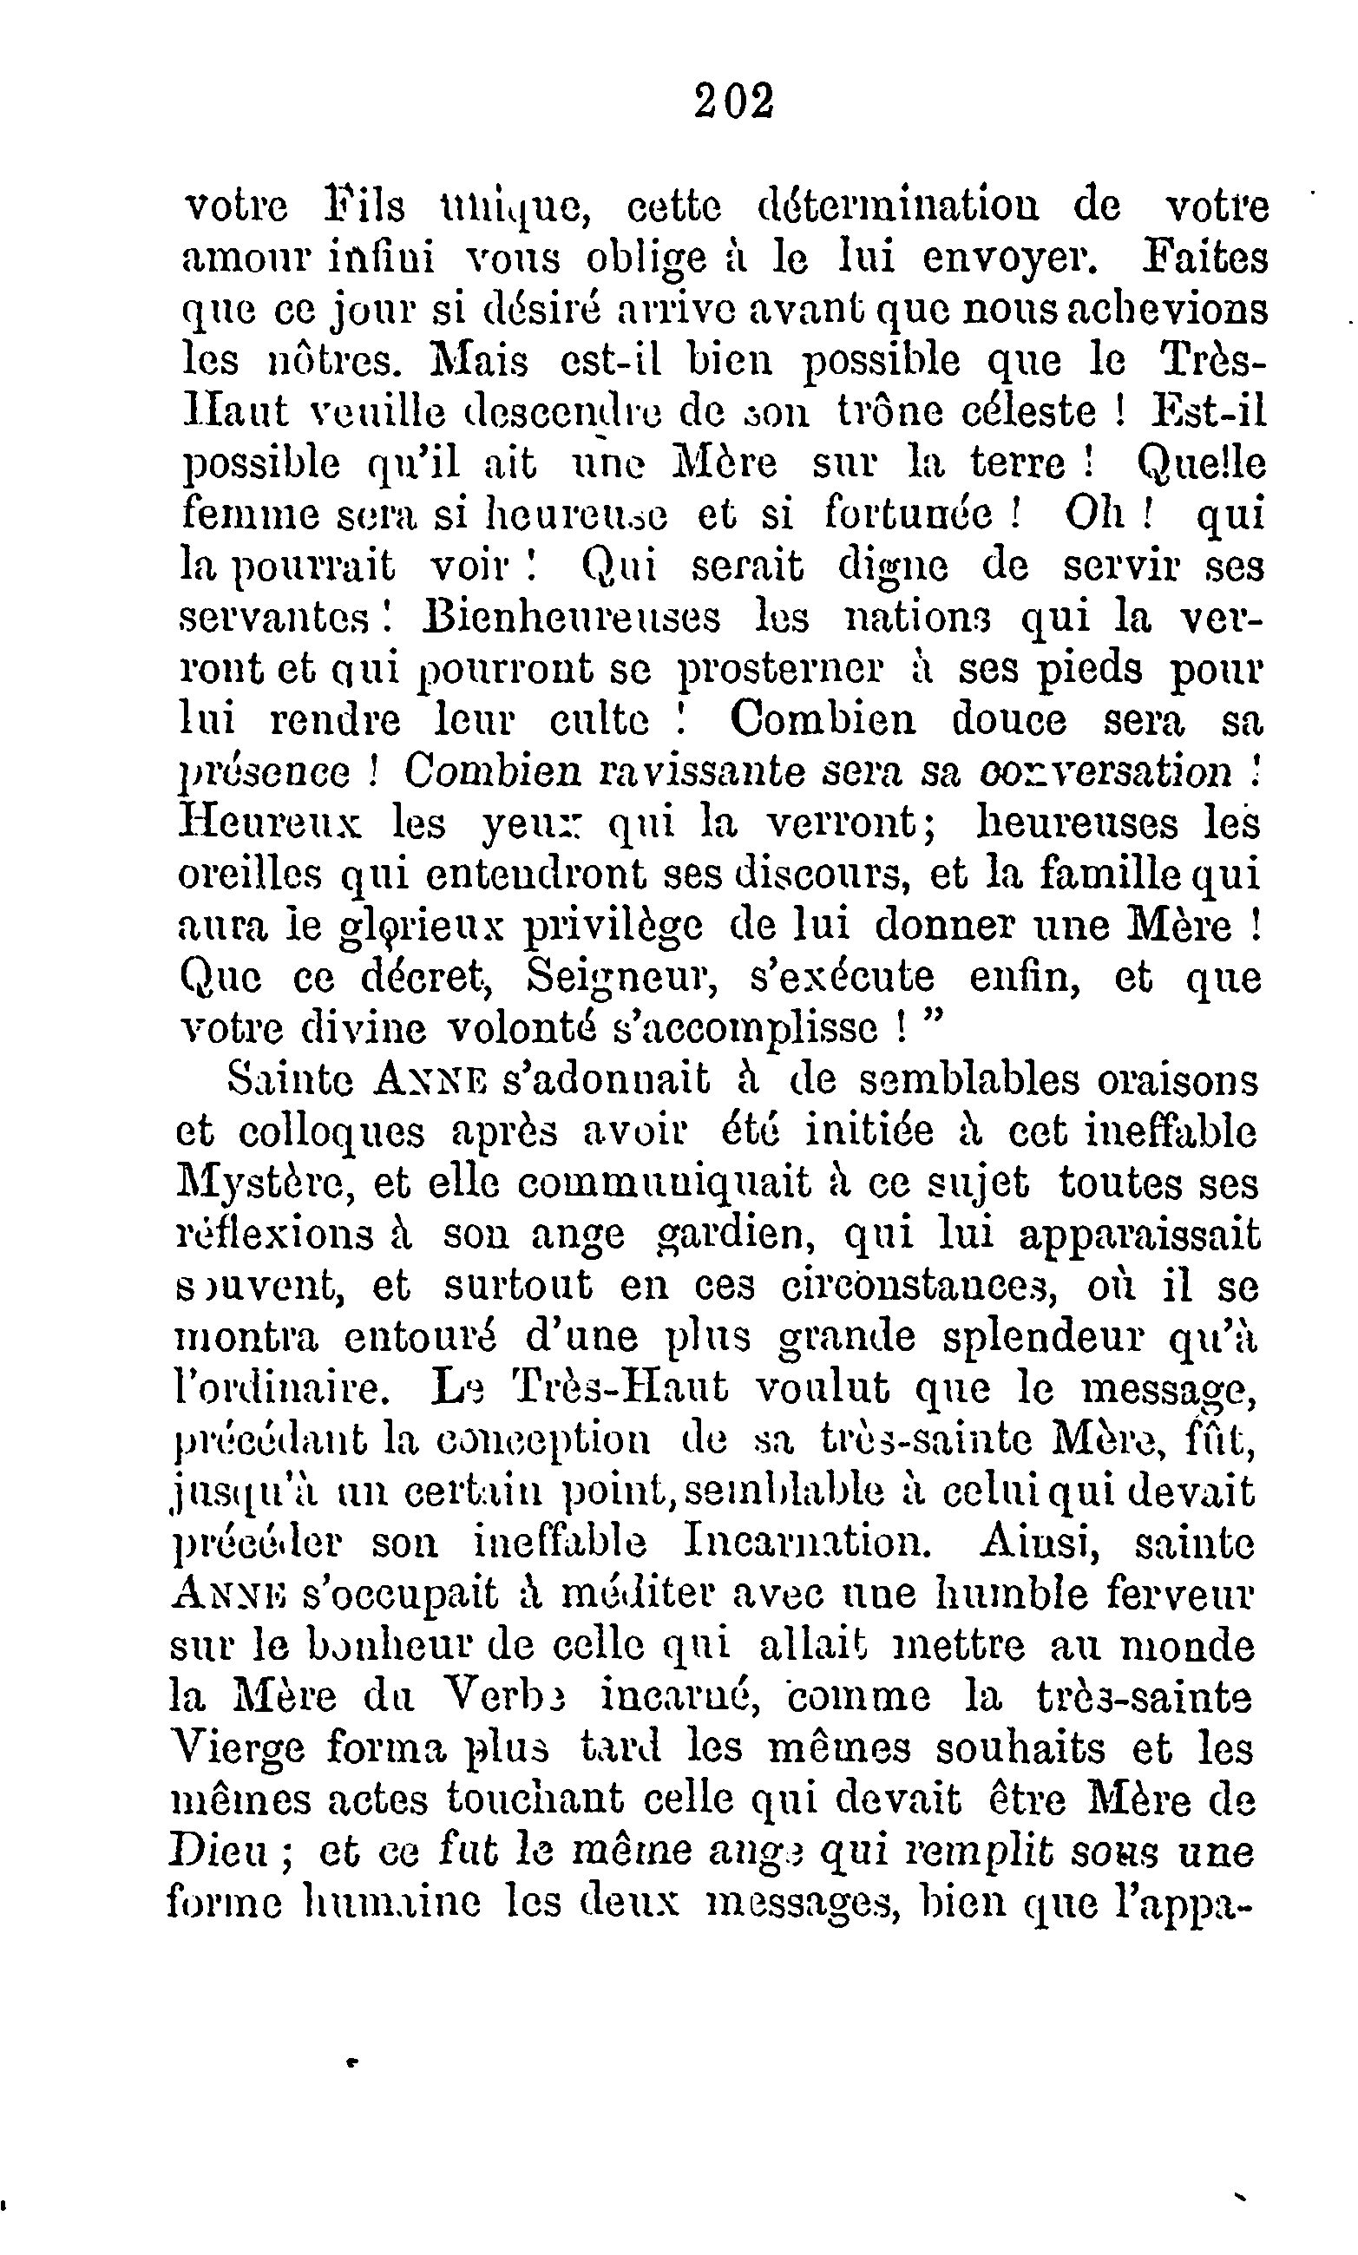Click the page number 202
tap(734, 101)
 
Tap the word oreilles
tap(250, 875)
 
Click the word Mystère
tap(258, 1183)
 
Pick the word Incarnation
tap(808, 1544)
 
